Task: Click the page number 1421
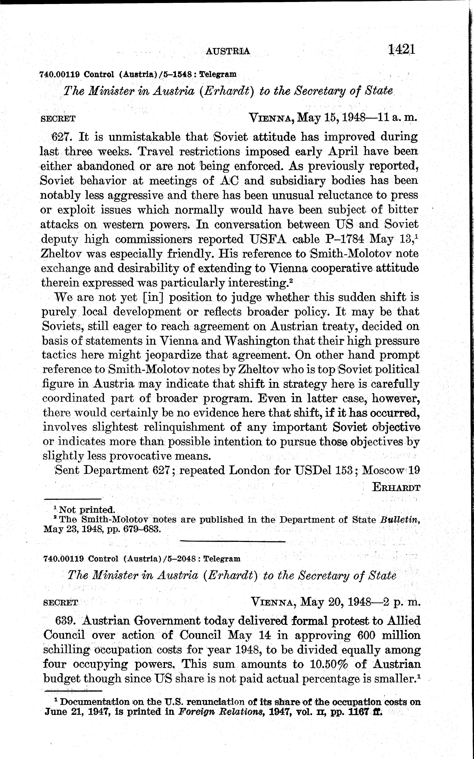coord(402,49)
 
